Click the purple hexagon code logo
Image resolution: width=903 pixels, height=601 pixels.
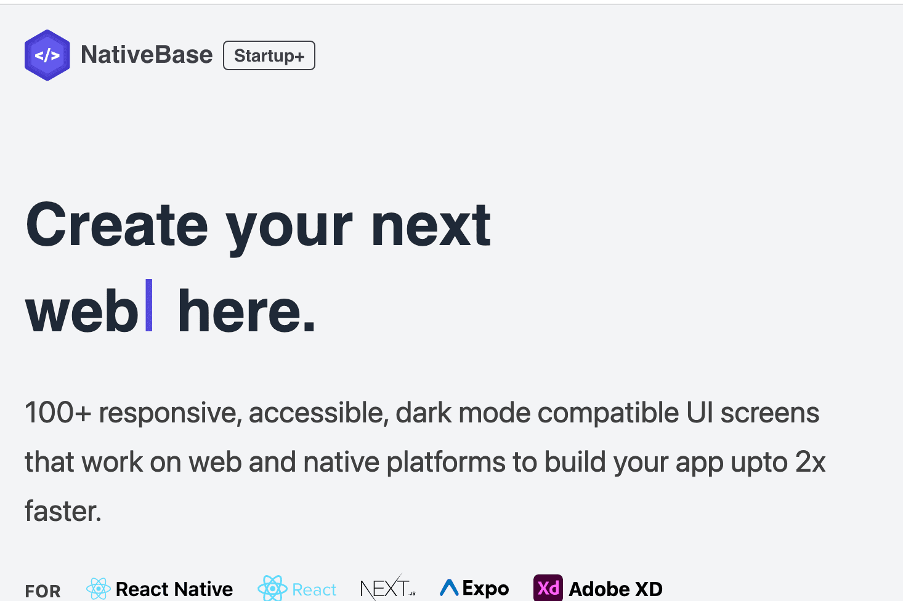[47, 55]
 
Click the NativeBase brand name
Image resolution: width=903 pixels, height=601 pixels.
[147, 54]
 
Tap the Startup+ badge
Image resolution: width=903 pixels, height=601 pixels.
[269, 55]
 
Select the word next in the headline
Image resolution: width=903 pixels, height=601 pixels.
[431, 225]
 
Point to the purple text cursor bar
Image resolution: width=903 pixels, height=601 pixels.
[148, 305]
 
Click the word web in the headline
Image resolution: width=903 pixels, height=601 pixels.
[82, 310]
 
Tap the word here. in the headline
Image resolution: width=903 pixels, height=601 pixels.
[246, 310]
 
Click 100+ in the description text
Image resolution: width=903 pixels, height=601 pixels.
[58, 413]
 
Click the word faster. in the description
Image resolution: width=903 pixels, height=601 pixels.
[63, 511]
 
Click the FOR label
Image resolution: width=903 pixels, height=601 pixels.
[43, 591]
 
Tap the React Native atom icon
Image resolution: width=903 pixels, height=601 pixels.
[99, 589]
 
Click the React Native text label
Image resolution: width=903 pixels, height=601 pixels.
[174, 589]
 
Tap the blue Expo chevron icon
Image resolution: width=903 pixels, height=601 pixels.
[449, 587]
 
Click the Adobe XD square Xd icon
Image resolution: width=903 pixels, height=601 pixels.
[548, 587]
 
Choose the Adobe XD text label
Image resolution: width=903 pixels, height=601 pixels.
[615, 589]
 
